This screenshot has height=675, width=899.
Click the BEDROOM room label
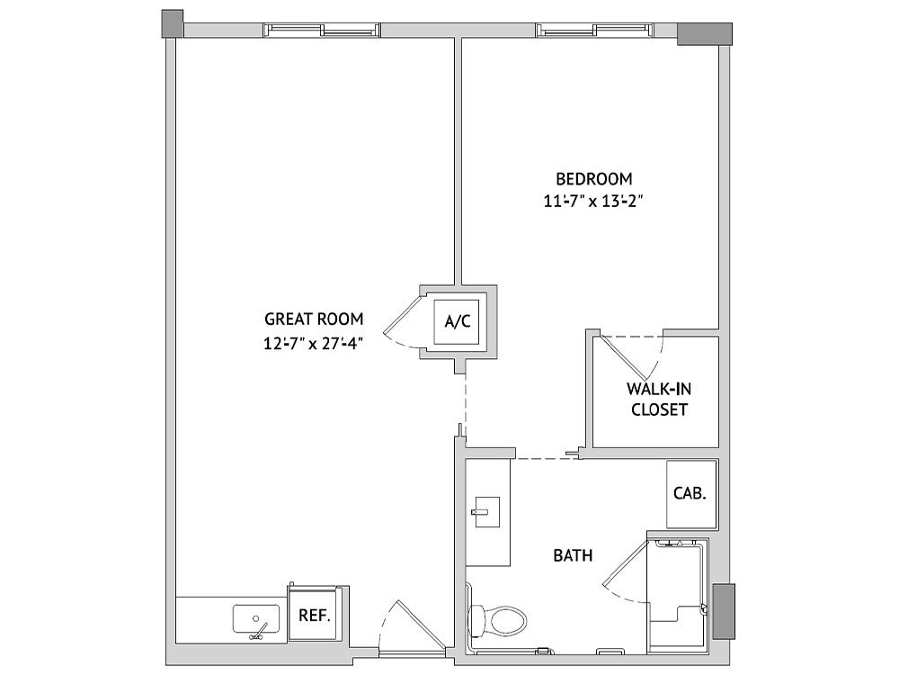coord(594,179)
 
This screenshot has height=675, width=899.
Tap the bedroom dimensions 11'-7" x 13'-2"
coord(593,202)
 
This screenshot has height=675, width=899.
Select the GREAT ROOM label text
coord(314,319)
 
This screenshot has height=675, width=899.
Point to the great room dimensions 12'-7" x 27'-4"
coord(314,343)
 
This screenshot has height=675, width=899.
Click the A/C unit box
coord(457,322)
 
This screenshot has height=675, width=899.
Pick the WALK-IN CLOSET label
coord(659,399)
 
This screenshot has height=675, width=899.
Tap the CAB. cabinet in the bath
coord(690,493)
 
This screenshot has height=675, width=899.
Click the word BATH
coord(573,555)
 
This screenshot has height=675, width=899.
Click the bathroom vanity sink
coord(485,511)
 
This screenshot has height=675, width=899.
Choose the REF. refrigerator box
coord(313,615)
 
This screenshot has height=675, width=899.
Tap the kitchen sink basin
coord(256,619)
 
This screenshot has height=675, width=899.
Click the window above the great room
coord(321,30)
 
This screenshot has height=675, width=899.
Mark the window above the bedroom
coord(594,30)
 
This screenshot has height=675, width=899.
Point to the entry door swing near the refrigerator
coord(412,625)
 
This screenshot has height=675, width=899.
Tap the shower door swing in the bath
coord(624,571)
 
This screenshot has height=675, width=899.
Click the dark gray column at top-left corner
coord(173,23)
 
